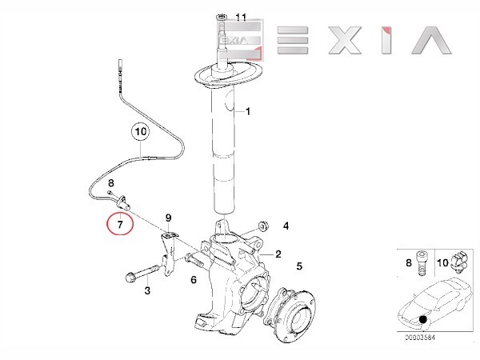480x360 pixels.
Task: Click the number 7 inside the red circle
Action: [120, 225]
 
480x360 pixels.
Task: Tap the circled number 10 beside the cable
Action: [141, 132]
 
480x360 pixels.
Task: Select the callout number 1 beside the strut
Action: [248, 111]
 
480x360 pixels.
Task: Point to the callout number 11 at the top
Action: [241, 17]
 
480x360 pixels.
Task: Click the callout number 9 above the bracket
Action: [168, 218]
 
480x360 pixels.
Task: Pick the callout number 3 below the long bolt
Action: [147, 290]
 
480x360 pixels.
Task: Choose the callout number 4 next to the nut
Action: [286, 226]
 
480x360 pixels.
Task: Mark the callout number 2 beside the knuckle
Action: [278, 254]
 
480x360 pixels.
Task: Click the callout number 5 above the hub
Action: [299, 266]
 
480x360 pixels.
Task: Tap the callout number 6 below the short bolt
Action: [194, 279]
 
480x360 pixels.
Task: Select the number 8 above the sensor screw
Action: [111, 183]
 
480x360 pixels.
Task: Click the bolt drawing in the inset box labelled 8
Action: [422, 263]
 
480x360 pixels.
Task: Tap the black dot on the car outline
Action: [423, 319]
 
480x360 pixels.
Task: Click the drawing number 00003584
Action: [420, 338]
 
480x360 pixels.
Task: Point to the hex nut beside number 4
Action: [263, 226]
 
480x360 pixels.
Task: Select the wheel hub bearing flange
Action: [290, 315]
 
